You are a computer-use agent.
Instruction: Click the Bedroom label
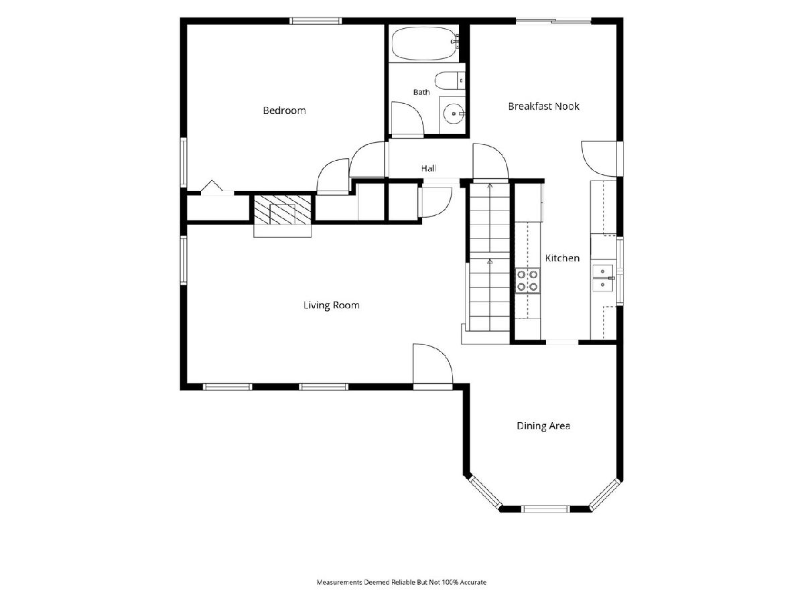point(284,111)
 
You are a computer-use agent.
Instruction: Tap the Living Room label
point(332,306)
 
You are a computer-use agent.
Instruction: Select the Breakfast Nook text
point(543,107)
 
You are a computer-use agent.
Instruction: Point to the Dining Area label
point(543,426)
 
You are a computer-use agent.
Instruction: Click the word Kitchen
point(562,258)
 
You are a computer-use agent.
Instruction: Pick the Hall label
point(429,168)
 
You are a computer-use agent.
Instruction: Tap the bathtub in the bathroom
point(425,45)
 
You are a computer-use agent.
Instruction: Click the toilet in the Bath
point(450,80)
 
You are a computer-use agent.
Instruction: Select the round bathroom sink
point(454,114)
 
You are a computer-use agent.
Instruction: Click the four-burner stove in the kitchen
point(527,281)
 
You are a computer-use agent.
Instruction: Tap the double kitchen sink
point(603,278)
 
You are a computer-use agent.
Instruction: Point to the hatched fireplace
point(282,210)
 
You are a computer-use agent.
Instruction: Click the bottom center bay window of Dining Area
point(546,509)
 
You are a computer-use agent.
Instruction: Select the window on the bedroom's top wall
point(316,21)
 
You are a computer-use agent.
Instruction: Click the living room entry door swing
point(433,364)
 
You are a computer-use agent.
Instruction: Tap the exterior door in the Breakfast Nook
point(599,159)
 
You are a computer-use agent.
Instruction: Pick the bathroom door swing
point(407,119)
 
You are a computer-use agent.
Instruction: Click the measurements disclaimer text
point(401,582)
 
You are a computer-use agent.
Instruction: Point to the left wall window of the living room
point(184,260)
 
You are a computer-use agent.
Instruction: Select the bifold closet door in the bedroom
point(212,186)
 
